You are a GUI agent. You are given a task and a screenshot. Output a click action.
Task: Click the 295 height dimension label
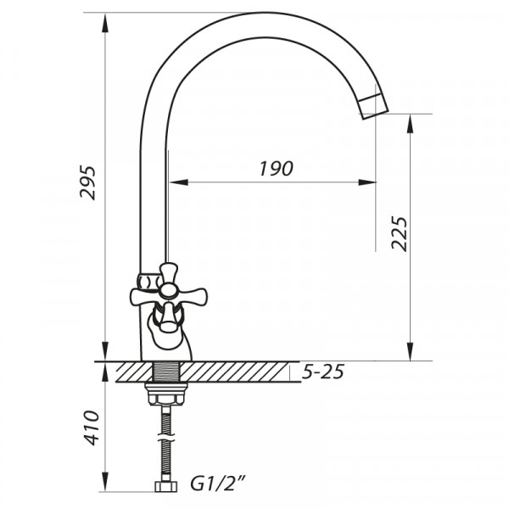click(88, 182)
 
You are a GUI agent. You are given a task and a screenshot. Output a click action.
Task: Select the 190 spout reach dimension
click(276, 168)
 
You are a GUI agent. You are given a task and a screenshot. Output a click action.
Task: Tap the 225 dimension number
click(400, 233)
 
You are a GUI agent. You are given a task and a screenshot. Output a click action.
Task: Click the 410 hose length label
click(91, 428)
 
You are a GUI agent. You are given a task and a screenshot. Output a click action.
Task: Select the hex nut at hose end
click(165, 486)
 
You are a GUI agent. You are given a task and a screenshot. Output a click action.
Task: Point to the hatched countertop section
click(238, 372)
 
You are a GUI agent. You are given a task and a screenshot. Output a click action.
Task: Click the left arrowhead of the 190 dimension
click(175, 182)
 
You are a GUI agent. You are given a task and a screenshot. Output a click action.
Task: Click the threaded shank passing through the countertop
click(165, 372)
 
